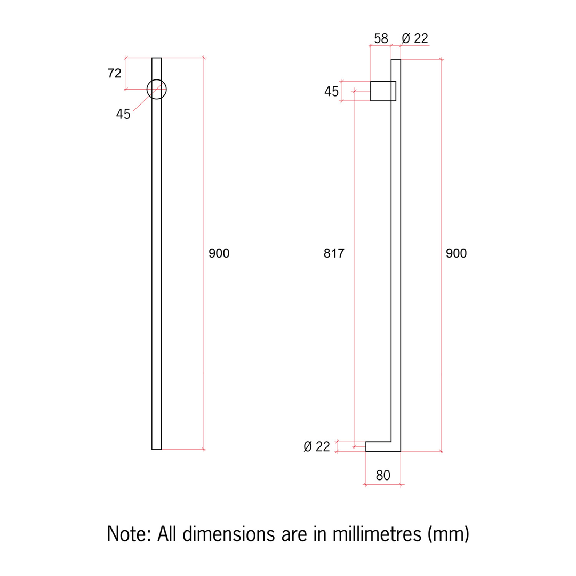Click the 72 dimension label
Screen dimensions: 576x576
click(x=115, y=73)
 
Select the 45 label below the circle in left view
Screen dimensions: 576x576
click(x=123, y=114)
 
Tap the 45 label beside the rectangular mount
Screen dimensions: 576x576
click(x=331, y=92)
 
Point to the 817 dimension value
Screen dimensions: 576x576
click(x=334, y=253)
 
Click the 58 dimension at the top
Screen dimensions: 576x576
click(x=381, y=38)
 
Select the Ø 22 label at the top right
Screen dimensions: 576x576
click(x=415, y=38)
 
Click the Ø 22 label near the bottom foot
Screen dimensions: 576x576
click(x=317, y=446)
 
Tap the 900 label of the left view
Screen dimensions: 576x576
click(x=219, y=253)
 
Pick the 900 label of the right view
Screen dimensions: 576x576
click(x=457, y=253)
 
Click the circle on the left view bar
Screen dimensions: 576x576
click(x=156, y=89)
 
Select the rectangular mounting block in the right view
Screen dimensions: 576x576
click(x=382, y=91)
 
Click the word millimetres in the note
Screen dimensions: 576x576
click(x=378, y=533)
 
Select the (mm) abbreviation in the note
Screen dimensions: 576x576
click(x=448, y=533)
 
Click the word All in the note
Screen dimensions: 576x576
click(x=166, y=533)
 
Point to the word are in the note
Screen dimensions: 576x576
click(x=293, y=533)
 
